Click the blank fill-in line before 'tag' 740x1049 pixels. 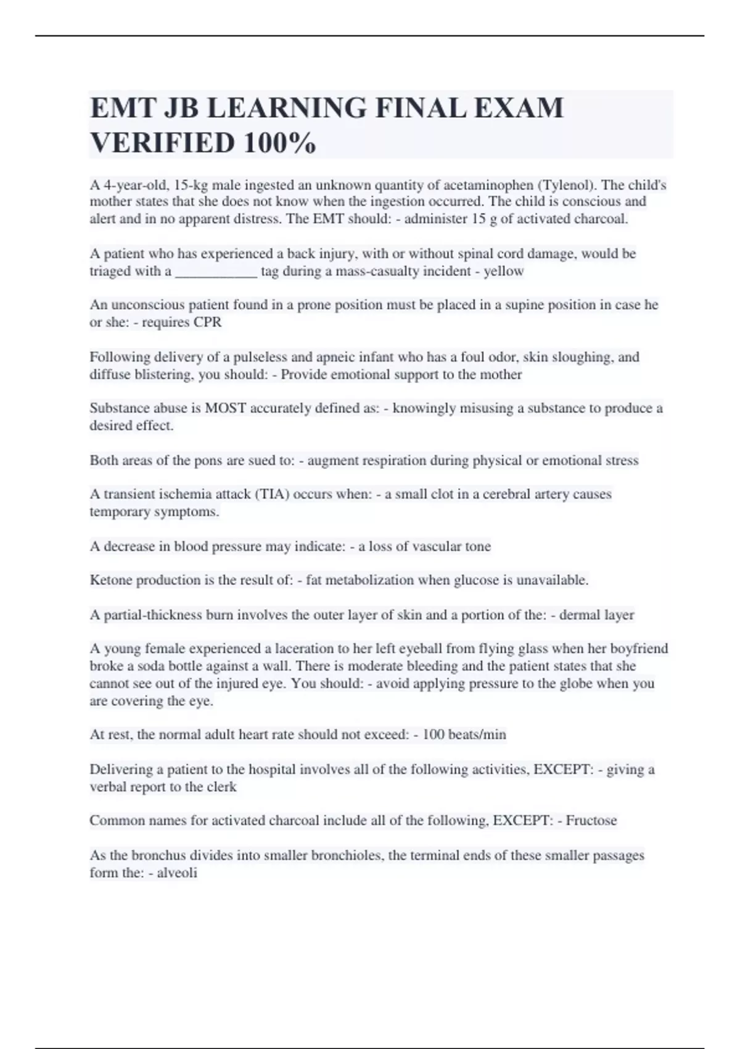[216, 272]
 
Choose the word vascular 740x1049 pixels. [438, 546]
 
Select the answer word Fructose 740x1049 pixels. [591, 821]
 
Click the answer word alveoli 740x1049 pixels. [177, 873]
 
